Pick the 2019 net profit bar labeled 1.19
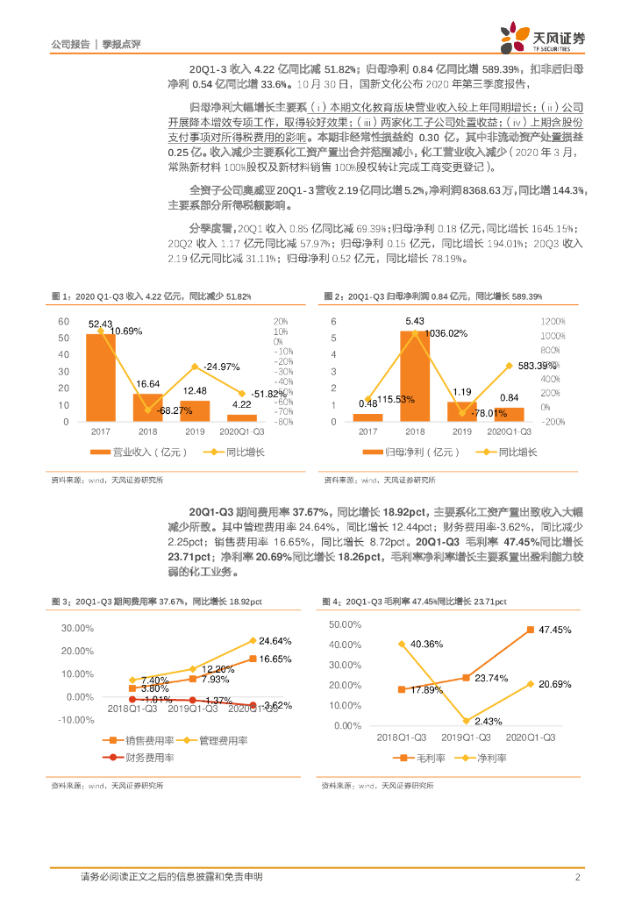click(461, 411)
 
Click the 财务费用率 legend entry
click(141, 756)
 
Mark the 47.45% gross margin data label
click(555, 630)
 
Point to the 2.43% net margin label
click(470, 723)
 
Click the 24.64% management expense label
click(275, 641)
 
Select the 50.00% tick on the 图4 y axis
click(345, 624)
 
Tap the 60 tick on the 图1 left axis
click(63, 322)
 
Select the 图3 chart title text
click(152, 602)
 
